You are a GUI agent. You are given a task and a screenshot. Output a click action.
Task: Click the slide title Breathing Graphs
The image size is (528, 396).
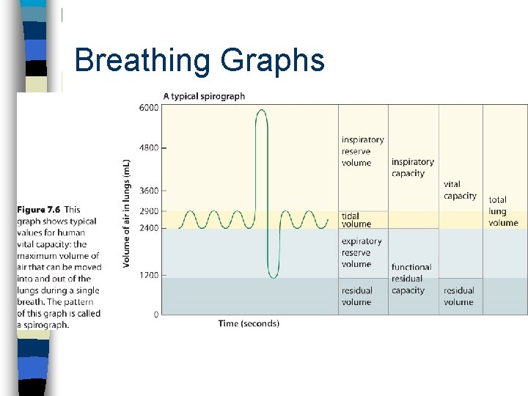[199, 60]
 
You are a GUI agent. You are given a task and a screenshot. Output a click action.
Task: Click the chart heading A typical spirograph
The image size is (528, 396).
[204, 96]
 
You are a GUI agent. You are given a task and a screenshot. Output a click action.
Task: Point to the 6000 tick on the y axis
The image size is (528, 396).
[147, 108]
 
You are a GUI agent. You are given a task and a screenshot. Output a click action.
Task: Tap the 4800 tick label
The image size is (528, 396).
[147, 147]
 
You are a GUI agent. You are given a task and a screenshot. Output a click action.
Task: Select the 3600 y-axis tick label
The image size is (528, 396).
[147, 191]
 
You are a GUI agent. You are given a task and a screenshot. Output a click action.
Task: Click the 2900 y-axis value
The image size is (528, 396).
[147, 211]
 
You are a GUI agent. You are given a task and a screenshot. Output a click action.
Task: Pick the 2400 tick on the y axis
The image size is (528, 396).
[147, 228]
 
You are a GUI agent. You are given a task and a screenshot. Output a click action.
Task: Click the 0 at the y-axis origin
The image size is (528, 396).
[155, 315]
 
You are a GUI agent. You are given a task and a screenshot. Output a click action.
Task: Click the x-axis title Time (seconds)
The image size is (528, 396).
[249, 323]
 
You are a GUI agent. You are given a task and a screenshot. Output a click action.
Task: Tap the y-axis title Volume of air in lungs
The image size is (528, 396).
[126, 213]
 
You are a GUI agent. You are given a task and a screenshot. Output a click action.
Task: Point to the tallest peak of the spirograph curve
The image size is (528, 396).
[261, 110]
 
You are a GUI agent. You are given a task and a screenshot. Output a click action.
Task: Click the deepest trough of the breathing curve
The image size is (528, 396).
[273, 277]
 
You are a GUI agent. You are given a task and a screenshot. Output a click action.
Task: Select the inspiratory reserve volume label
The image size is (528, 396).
[362, 151]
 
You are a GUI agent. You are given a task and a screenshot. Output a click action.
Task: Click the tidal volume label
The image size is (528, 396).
[356, 220]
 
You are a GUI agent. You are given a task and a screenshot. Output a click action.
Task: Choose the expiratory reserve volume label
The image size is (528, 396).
[362, 252]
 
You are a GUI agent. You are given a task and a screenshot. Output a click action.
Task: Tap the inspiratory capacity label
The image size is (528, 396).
[412, 168]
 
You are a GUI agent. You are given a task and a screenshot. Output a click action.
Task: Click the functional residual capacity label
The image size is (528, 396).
[411, 279]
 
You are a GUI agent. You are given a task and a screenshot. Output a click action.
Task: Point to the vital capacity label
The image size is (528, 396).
[460, 191]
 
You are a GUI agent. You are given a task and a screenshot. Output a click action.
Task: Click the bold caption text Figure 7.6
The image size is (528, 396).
[40, 210]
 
